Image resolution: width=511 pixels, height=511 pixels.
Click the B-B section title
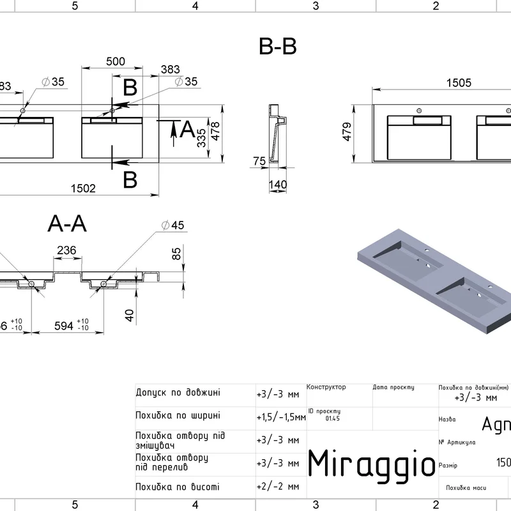point(278,47)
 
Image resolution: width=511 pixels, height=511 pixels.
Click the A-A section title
point(67,224)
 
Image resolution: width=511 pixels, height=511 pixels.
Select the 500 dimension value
point(115,61)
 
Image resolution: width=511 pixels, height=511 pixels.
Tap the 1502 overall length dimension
point(84,188)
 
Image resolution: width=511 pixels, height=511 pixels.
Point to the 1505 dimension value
point(459,82)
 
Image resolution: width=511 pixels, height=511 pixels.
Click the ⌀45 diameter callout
point(172,225)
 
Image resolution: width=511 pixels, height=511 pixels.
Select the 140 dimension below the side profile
point(278,185)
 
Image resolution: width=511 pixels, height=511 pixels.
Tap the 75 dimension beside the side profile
point(259,162)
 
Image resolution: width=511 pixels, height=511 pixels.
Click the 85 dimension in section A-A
point(178,254)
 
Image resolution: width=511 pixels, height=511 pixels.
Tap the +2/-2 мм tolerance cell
point(277,487)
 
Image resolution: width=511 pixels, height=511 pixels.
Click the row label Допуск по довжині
point(178,393)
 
